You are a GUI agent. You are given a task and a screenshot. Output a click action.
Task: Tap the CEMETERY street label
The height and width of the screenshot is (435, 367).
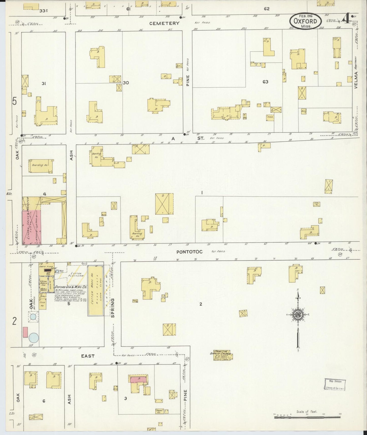coord(164,23)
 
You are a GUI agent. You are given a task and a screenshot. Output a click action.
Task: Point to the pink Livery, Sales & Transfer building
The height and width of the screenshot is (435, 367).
coord(32,226)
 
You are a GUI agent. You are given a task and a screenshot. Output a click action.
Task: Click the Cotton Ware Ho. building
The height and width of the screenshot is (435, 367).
coord(95,290)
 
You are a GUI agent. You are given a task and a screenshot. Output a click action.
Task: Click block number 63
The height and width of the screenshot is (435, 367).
coord(265,82)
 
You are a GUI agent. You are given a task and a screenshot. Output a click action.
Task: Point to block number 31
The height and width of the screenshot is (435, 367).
coord(44,83)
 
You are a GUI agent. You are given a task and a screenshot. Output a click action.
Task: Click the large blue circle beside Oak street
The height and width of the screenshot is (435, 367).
coord(34,338)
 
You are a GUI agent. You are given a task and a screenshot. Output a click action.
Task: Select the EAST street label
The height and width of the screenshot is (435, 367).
coord(88,356)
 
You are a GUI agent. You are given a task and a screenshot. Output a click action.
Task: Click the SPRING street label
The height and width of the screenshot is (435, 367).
coord(113,308)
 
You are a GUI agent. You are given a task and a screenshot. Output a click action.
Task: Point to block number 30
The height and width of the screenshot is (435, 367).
coord(126,83)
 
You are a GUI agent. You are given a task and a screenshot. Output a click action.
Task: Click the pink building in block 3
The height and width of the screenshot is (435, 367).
coord(138,379)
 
